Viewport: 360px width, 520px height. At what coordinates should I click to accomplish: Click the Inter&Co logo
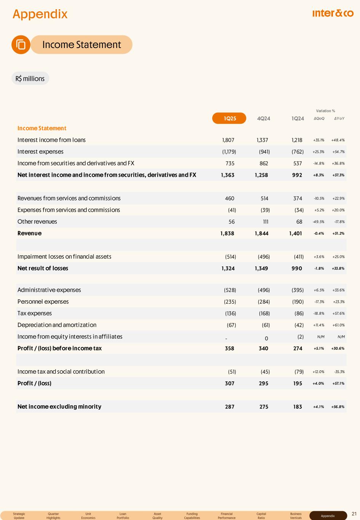[x=333, y=13]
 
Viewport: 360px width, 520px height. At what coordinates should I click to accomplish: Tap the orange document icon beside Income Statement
[x=21, y=45]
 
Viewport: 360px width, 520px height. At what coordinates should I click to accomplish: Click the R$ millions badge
[x=30, y=78]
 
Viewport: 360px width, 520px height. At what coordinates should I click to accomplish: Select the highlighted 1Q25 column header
[x=230, y=118]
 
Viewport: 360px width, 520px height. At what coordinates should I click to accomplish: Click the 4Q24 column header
[x=264, y=118]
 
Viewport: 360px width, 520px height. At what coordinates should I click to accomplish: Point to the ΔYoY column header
[x=339, y=118]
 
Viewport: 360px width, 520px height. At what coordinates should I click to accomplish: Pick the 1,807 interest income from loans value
[x=228, y=140]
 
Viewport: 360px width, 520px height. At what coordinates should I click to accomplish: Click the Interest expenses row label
[x=40, y=152]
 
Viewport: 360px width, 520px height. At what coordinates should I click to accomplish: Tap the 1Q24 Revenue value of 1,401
[x=296, y=233]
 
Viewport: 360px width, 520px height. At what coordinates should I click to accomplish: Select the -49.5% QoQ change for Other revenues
[x=318, y=222]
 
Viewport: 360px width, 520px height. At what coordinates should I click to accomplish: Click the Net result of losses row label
[x=43, y=268]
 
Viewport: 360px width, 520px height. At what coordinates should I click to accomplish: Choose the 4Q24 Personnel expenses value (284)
[x=264, y=302]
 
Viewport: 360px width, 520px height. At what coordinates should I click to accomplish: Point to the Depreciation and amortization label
[x=57, y=325]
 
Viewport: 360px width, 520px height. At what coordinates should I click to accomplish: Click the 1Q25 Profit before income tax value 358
[x=229, y=348]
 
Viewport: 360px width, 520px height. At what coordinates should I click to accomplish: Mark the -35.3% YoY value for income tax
[x=339, y=372]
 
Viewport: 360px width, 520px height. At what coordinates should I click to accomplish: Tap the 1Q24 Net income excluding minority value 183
[x=298, y=406]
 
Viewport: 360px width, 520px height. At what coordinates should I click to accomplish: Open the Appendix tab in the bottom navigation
[x=328, y=515]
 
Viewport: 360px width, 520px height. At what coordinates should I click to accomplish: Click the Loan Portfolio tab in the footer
[x=123, y=515]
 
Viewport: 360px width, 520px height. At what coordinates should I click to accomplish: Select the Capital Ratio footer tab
[x=261, y=515]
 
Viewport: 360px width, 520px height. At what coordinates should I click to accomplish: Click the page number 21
[x=354, y=514]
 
